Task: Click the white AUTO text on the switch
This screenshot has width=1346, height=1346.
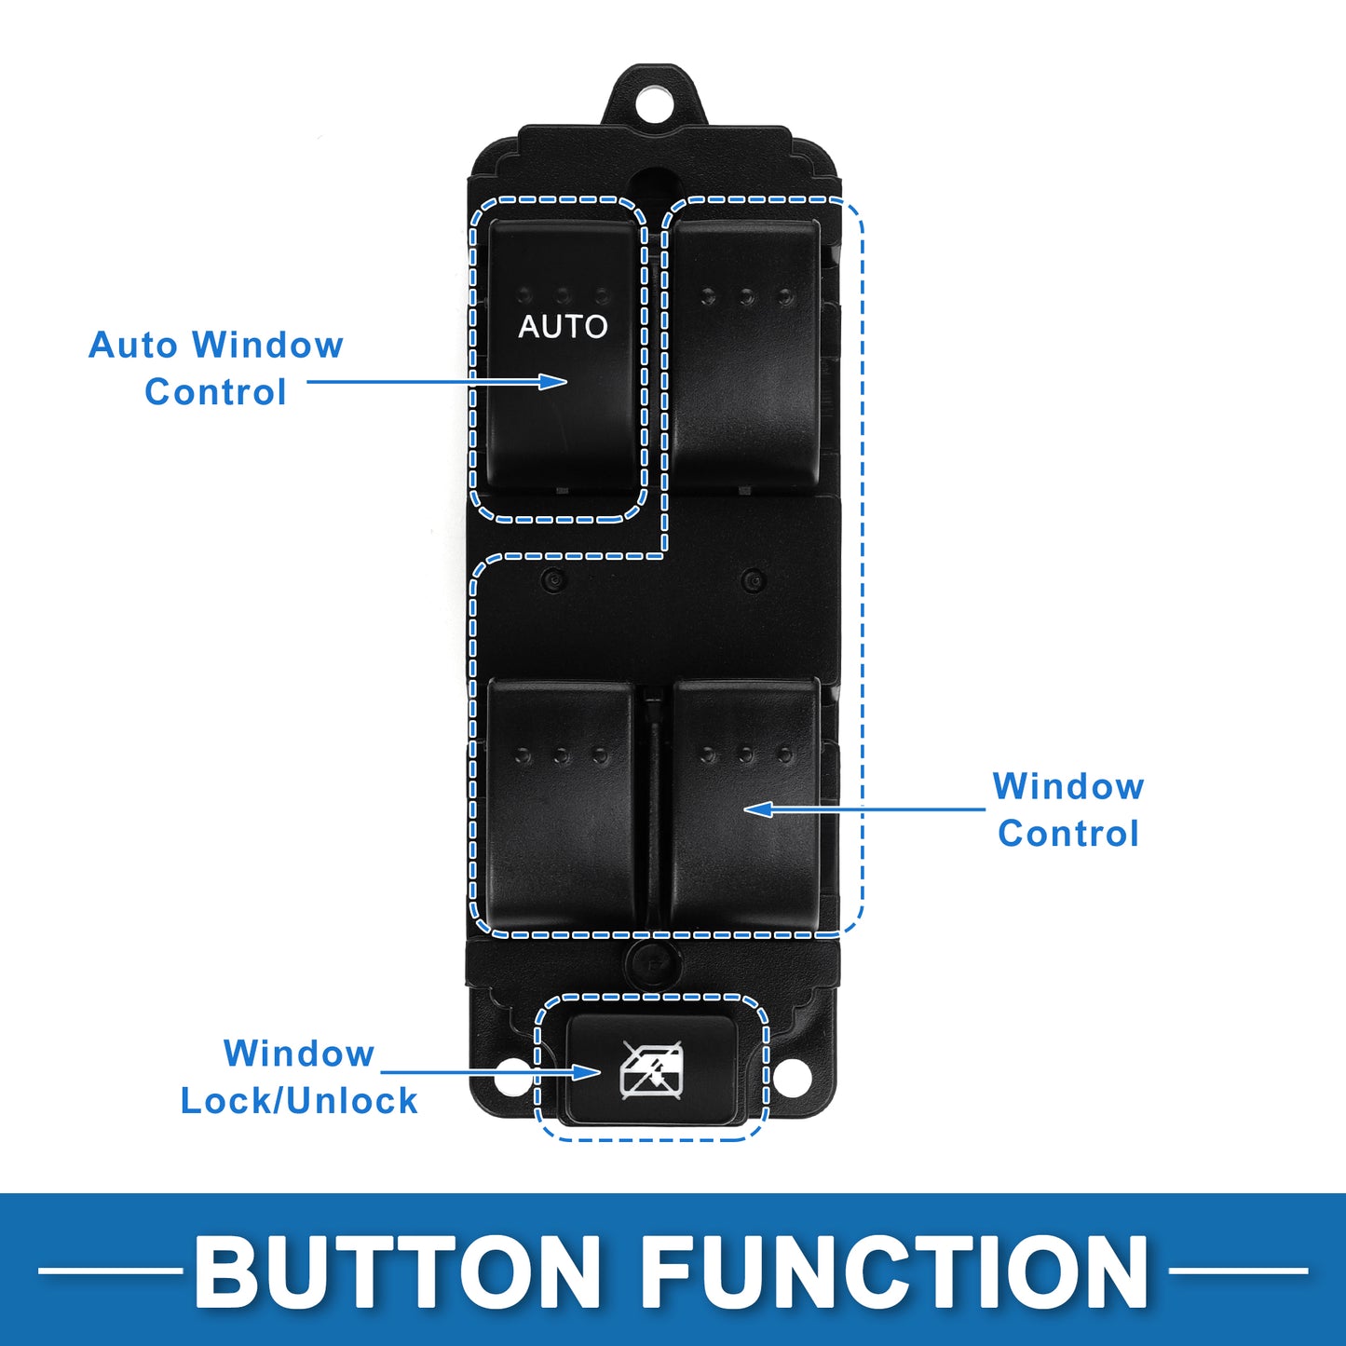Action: pyautogui.click(x=563, y=326)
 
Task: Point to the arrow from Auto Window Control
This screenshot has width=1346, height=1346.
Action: pyautogui.click(x=437, y=381)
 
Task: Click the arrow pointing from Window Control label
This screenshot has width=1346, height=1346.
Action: pyautogui.click(x=864, y=809)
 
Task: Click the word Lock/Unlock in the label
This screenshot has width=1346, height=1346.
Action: pyautogui.click(x=299, y=1102)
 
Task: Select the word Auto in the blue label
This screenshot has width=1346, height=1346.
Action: pyautogui.click(x=132, y=345)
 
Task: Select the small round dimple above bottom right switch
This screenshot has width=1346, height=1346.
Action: pyautogui.click(x=753, y=579)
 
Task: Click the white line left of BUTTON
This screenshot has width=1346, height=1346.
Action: pyautogui.click(x=110, y=1271)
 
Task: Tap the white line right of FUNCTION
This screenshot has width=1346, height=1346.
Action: pyautogui.click(x=1238, y=1271)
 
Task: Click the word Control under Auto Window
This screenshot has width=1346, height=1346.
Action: pyautogui.click(x=216, y=392)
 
